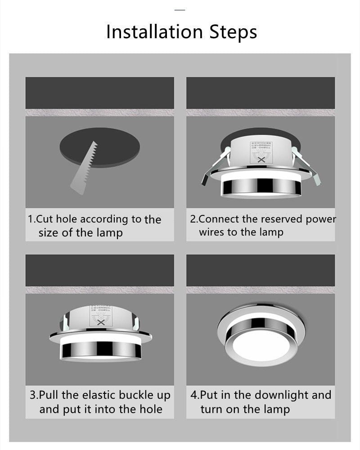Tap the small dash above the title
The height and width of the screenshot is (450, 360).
click(180, 9)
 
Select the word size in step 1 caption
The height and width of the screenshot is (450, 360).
click(48, 233)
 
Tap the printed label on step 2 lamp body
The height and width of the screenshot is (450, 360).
click(261, 151)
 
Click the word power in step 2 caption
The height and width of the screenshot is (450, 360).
click(320, 220)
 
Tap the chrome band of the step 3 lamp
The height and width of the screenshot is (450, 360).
click(101, 349)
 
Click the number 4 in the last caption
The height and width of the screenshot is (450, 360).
click(193, 396)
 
